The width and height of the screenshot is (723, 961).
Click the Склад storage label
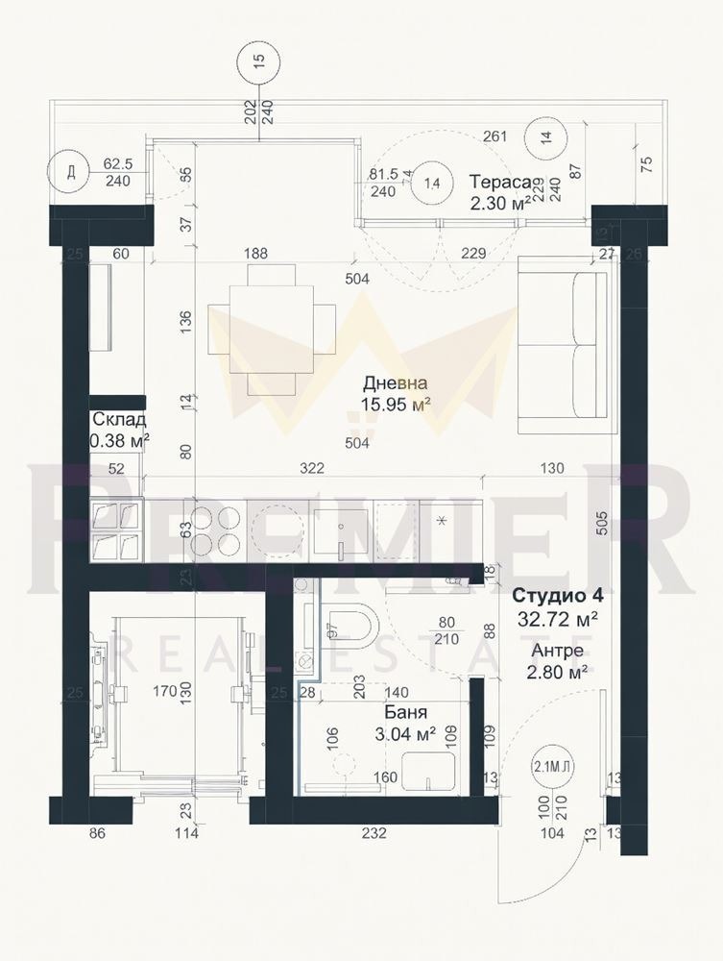119,420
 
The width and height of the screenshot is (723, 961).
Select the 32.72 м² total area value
558,620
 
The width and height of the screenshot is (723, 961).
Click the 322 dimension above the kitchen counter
310,468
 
